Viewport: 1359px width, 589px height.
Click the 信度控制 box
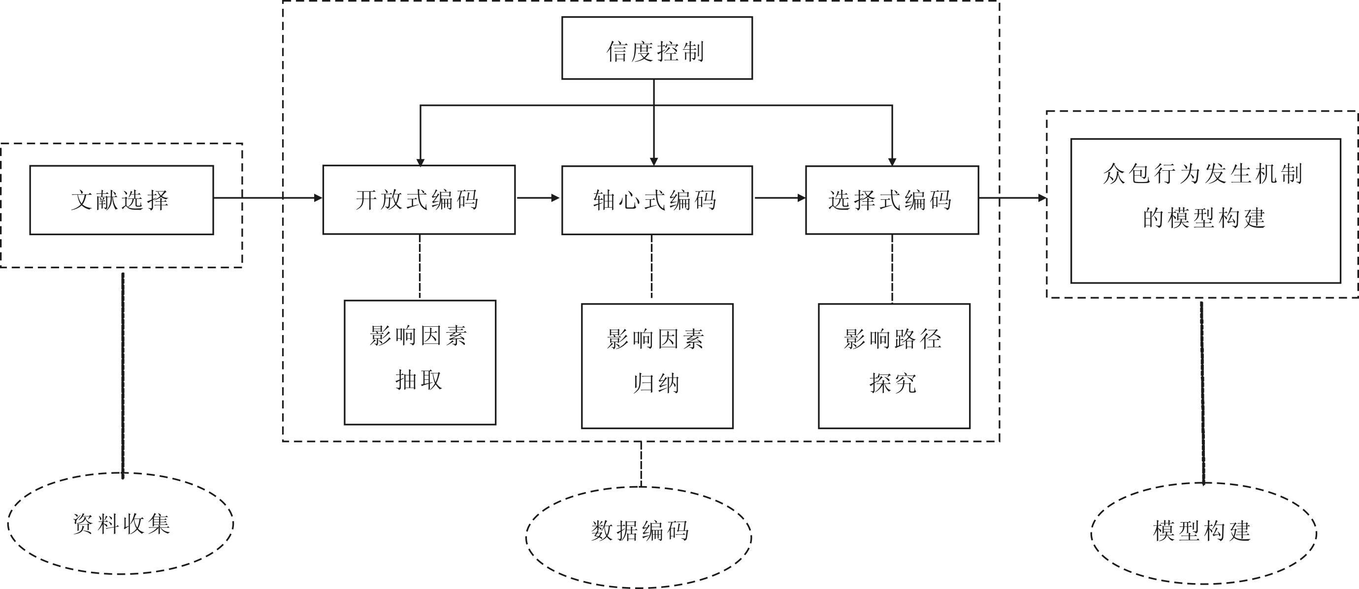[657, 48]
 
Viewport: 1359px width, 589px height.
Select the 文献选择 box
[121, 200]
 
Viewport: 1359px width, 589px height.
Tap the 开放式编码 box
[419, 200]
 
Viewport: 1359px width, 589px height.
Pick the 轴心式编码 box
[657, 200]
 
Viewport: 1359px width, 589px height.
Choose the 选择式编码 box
[892, 200]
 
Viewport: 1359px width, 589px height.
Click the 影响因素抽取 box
[420, 362]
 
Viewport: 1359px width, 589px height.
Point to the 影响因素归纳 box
[657, 366]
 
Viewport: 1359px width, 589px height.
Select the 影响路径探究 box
[894, 366]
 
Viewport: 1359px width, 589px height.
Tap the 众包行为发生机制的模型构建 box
[1205, 211]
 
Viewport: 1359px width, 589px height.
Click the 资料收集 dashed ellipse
[121, 524]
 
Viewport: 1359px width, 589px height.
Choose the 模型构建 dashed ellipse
[1203, 533]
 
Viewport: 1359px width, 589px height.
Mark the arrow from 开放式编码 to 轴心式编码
[538, 198]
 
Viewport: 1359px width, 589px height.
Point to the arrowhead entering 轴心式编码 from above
[654, 162]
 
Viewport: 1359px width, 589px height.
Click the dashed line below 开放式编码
[420, 267]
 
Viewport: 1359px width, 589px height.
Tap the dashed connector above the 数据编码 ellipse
[641, 464]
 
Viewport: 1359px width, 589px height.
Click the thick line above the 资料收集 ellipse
[123, 374]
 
